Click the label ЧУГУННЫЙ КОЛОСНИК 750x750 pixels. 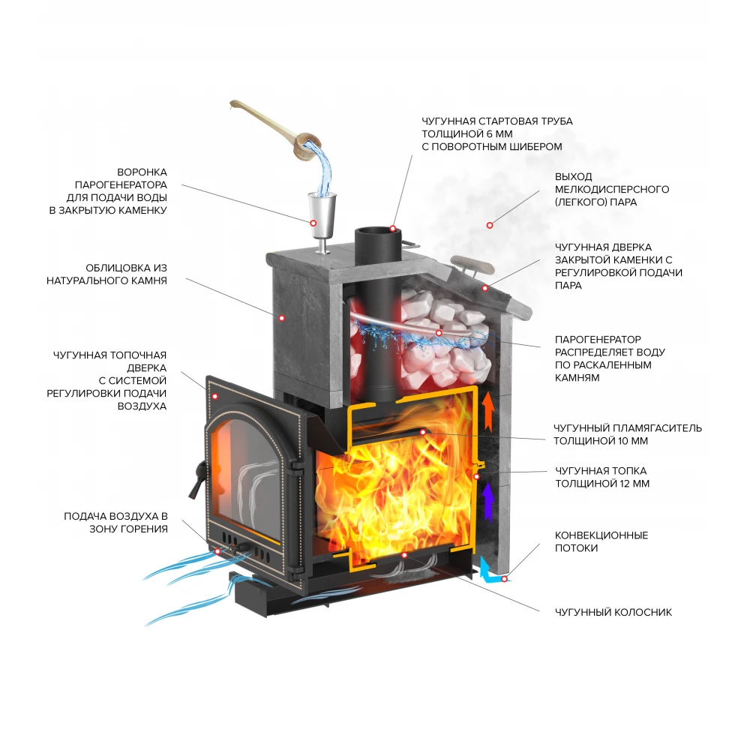(x=613, y=613)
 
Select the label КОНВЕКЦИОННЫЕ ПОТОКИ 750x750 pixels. (x=601, y=541)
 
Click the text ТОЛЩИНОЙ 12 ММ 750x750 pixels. (x=602, y=484)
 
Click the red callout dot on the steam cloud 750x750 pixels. (x=490, y=223)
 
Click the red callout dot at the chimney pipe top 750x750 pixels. (x=393, y=227)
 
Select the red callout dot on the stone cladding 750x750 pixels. (x=282, y=317)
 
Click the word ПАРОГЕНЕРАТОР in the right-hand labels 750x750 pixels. (x=598, y=339)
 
